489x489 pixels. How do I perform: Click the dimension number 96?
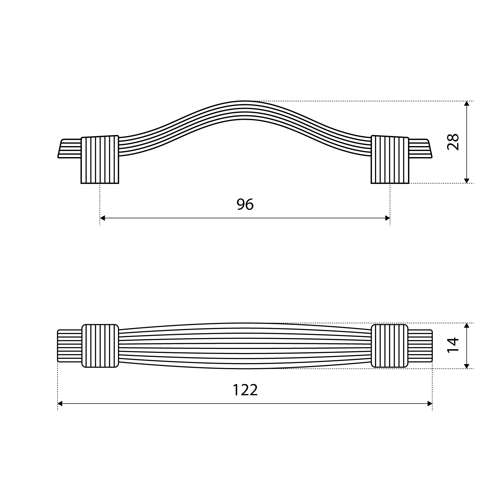pos(245,204)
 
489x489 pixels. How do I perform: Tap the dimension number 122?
pos(245,390)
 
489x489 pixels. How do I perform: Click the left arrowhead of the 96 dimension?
pos(103,218)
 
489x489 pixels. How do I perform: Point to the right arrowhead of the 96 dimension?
pos(387,218)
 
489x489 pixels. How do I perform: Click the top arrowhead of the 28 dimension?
pos(466,104)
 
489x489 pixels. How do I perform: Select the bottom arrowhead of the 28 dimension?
pos(466,181)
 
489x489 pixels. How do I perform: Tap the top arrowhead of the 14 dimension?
pos(466,326)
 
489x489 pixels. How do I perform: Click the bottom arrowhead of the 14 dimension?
pos(466,366)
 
